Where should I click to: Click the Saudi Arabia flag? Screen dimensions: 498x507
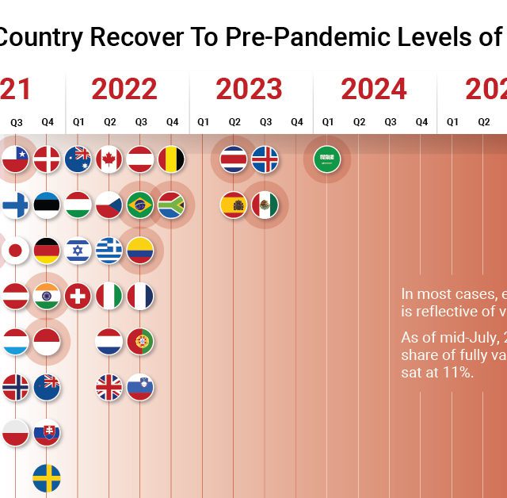(326, 159)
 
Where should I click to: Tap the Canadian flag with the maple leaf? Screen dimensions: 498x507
(109, 159)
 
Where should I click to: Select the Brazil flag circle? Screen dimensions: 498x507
(140, 205)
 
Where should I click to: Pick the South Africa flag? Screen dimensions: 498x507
(171, 205)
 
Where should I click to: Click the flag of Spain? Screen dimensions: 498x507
(234, 205)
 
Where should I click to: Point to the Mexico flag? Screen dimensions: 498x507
(265, 205)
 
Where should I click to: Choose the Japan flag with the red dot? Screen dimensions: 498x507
(15, 251)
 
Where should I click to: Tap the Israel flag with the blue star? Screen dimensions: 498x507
(78, 251)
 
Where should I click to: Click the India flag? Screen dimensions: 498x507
(47, 297)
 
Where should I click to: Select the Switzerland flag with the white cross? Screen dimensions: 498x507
(78, 297)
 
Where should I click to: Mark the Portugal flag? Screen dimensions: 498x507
(140, 342)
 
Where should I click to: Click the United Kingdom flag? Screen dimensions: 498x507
(109, 388)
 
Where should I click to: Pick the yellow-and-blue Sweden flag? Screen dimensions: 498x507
(47, 478)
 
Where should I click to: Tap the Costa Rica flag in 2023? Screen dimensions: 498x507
(234, 159)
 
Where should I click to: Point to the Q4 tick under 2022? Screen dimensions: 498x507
(172, 122)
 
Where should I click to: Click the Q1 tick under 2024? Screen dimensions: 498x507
(327, 122)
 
